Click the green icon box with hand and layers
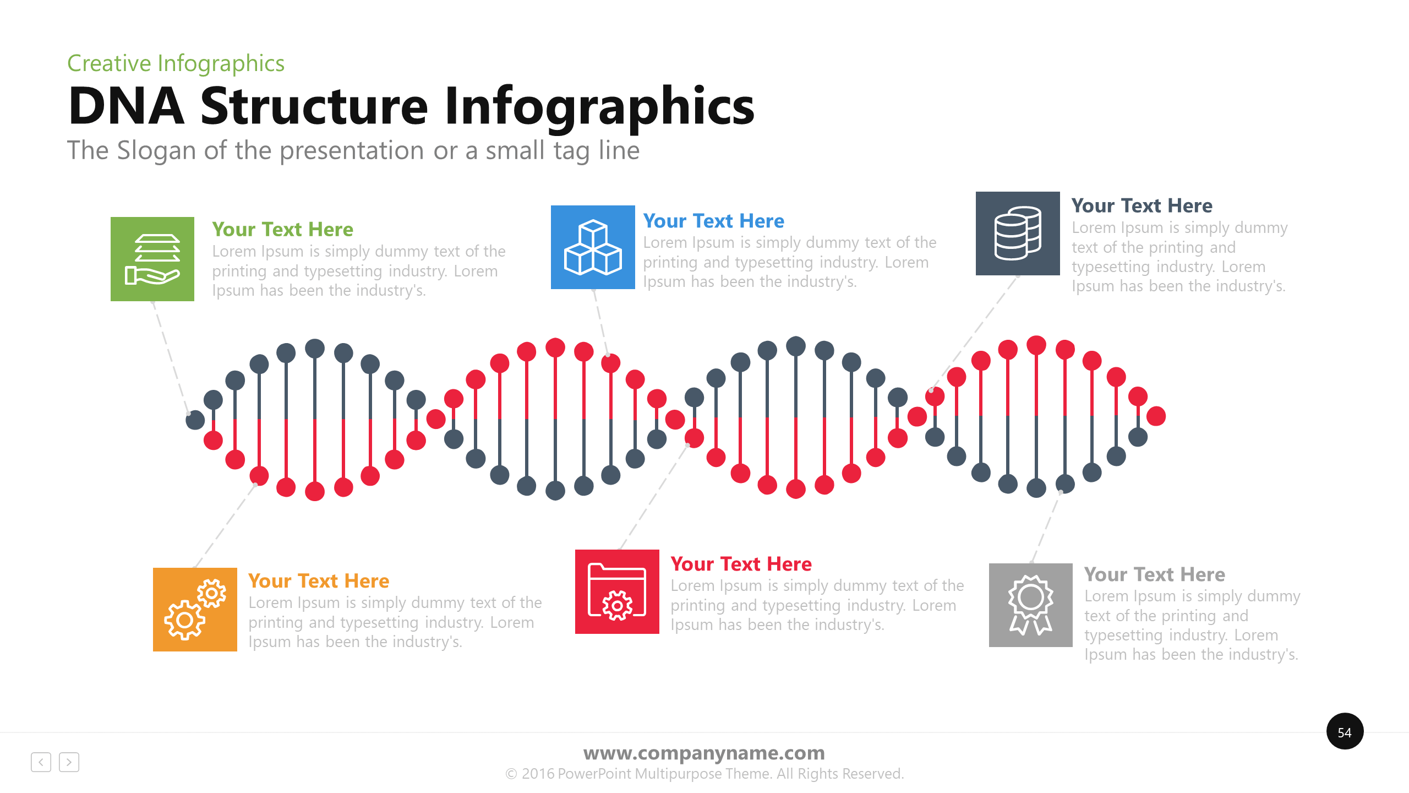click(152, 259)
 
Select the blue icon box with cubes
click(593, 247)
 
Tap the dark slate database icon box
click(1018, 233)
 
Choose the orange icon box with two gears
click(195, 610)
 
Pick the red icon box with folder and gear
click(617, 591)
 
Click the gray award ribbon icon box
click(1031, 605)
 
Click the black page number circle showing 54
click(1345, 731)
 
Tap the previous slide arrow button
click(41, 762)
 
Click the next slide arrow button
click(69, 762)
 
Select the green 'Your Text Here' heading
click(283, 229)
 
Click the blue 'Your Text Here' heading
click(714, 221)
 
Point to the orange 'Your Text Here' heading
click(319, 581)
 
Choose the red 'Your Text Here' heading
click(741, 564)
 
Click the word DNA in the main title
click(127, 106)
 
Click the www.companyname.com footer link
click(704, 753)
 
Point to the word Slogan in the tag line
click(157, 150)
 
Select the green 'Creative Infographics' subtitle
click(176, 64)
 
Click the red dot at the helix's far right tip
click(1156, 416)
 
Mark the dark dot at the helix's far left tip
click(195, 420)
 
